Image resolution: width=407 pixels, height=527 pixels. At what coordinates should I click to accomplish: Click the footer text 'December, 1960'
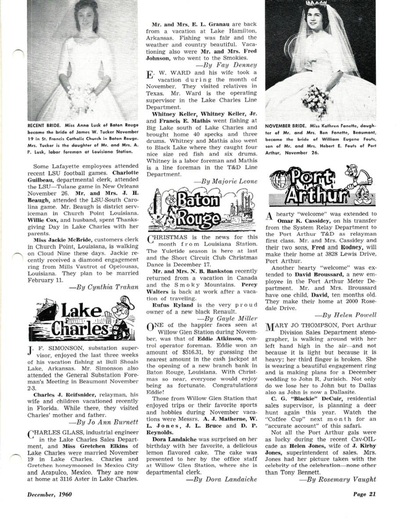50,494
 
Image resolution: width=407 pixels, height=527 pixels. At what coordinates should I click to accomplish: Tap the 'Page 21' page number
364,494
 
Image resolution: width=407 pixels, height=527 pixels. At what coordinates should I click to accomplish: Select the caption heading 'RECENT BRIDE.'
43,125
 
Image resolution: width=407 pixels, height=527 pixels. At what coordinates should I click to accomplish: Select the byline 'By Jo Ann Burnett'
105,423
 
